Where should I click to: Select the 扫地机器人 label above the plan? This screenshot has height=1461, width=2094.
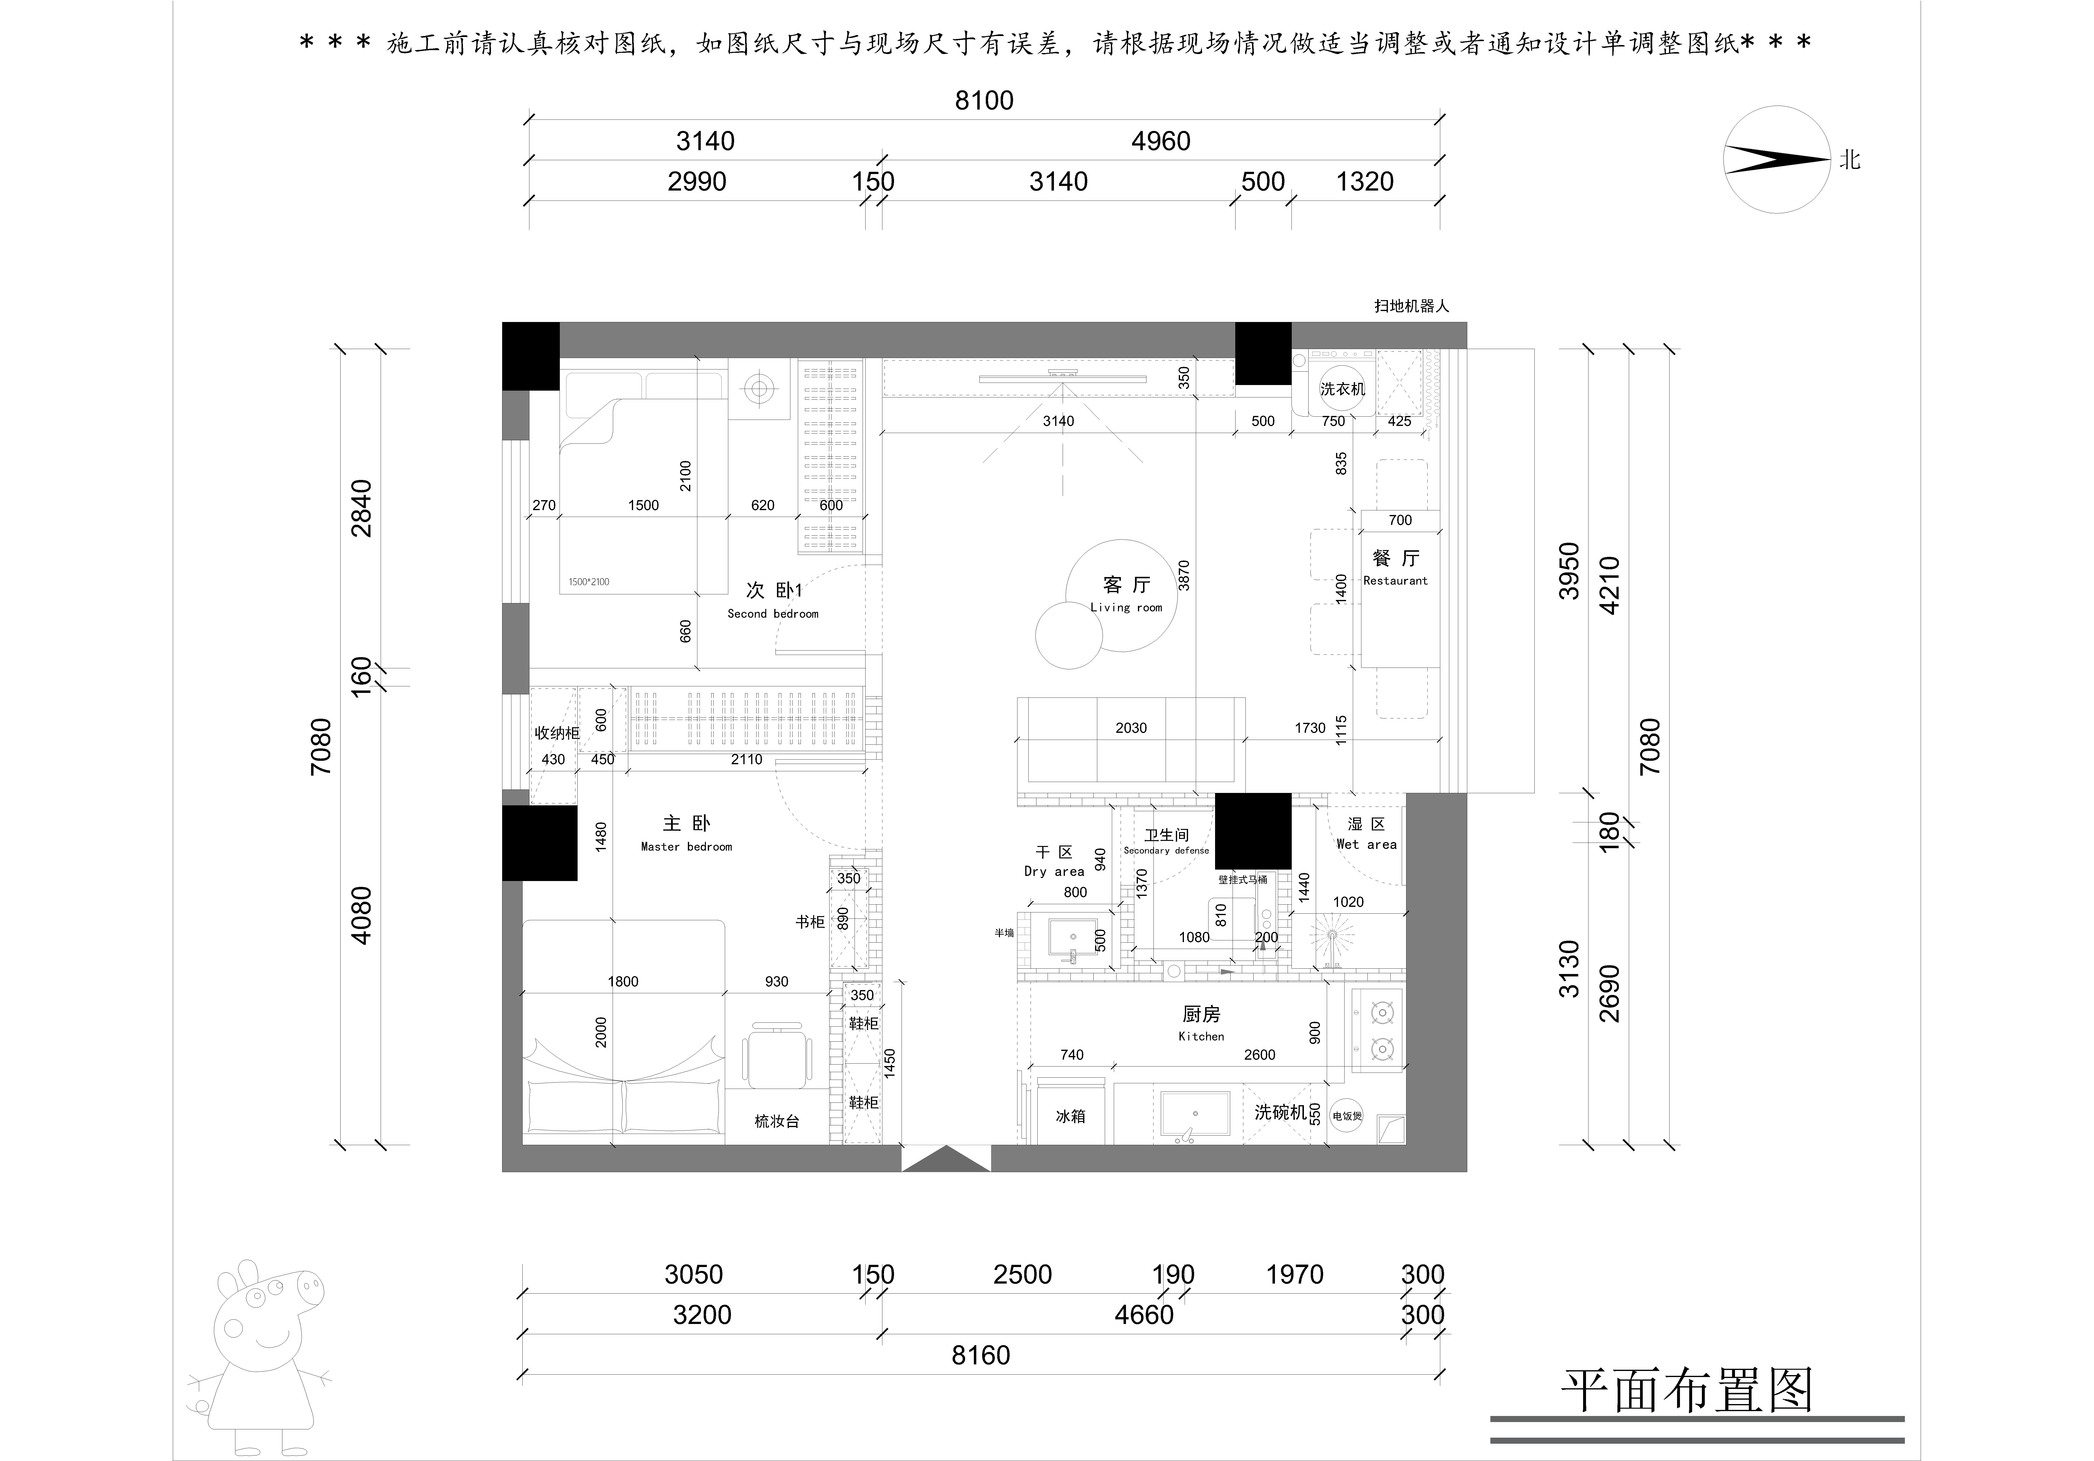(x=1411, y=306)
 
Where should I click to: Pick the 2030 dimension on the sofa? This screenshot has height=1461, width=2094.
(x=1131, y=728)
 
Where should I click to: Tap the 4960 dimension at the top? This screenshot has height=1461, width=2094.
(x=1160, y=141)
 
